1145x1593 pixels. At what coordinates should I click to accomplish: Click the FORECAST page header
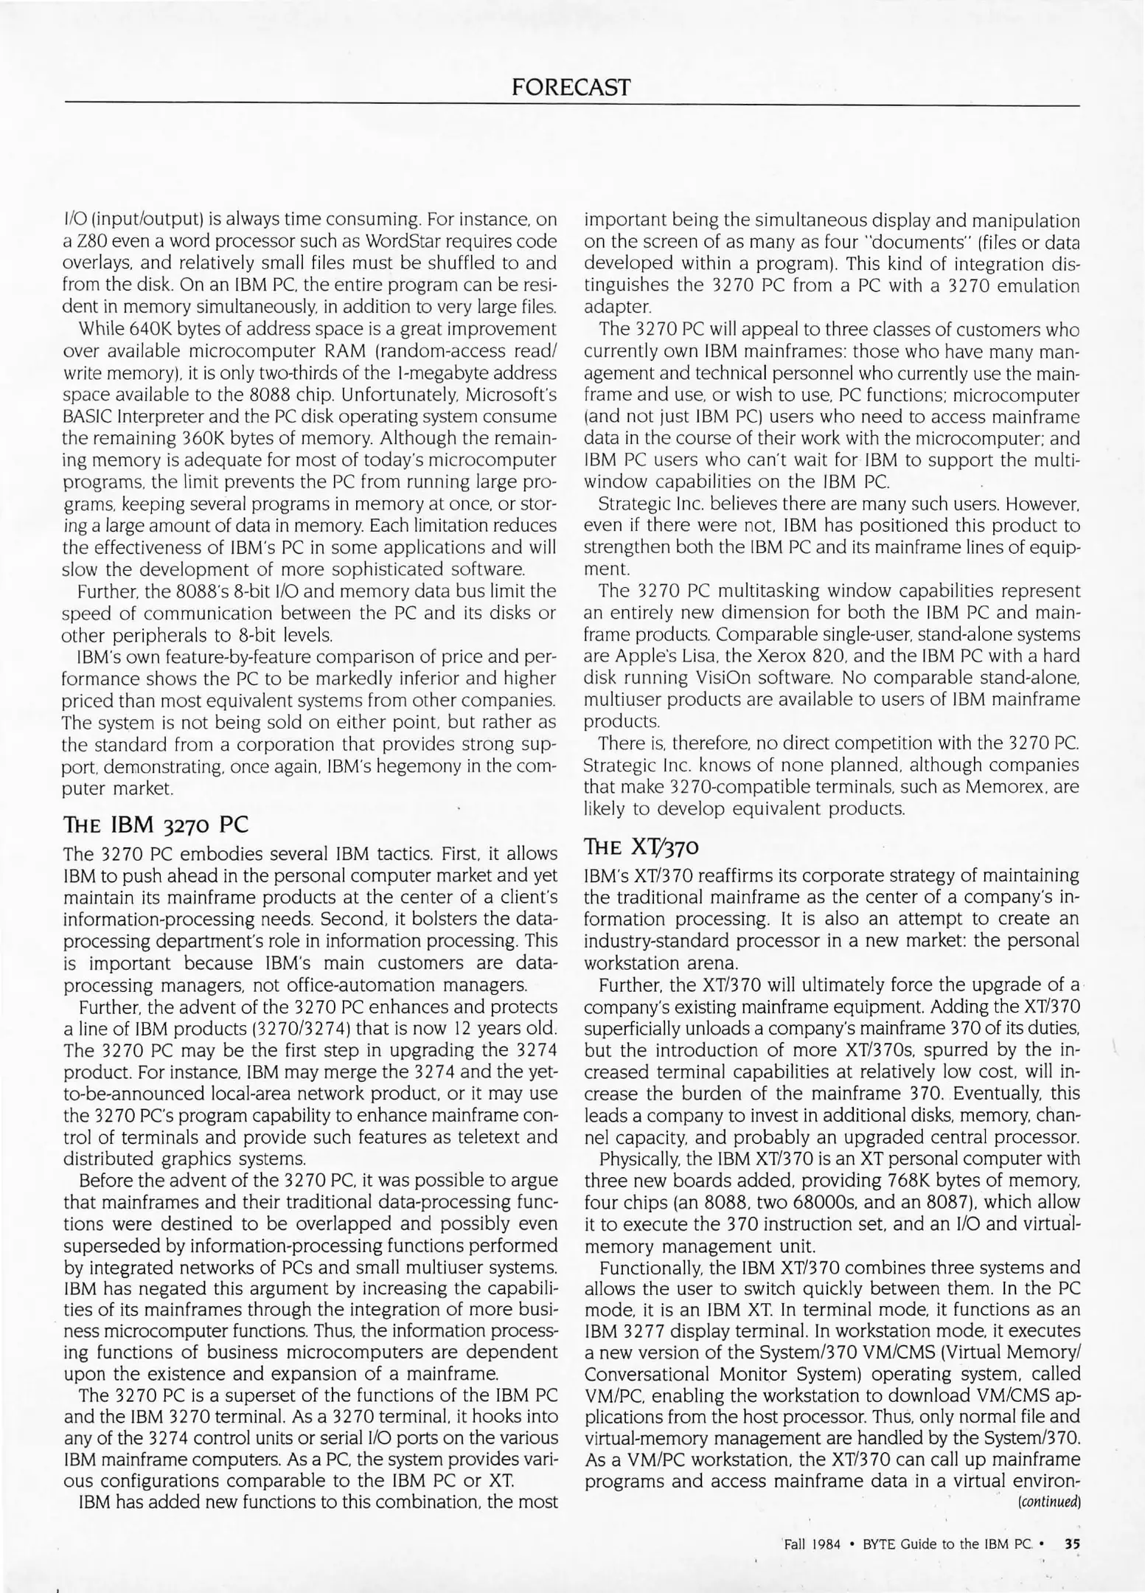pyautogui.click(x=571, y=88)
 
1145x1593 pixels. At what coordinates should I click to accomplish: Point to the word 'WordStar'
pyautogui.click(x=401, y=241)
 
